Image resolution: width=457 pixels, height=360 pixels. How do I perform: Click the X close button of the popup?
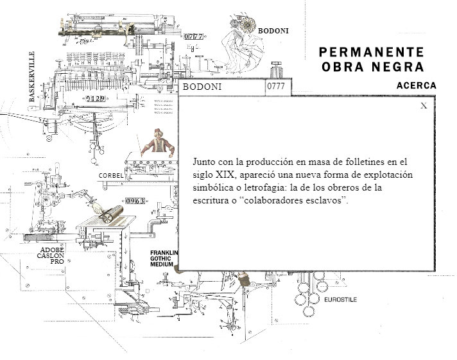point(424,106)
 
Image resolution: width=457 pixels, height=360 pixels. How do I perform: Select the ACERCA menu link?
point(417,85)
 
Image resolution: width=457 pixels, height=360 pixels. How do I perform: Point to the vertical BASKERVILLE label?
point(32,77)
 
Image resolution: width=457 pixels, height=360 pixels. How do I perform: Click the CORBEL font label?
point(111,175)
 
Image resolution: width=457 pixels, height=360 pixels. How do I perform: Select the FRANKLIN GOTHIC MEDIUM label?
point(163,258)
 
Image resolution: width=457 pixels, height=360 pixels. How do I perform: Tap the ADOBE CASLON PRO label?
point(51,256)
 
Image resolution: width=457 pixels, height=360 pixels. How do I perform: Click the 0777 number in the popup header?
point(276,87)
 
